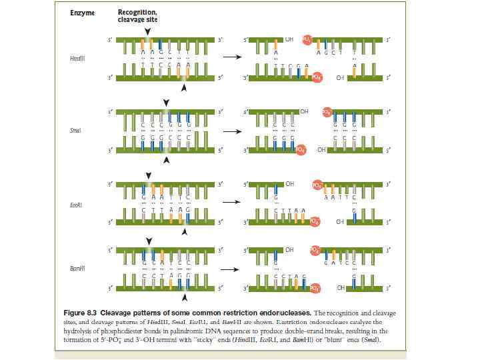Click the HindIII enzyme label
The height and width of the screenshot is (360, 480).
tap(77, 59)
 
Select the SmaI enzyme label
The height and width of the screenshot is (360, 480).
tap(75, 131)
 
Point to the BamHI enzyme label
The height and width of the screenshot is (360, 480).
tap(77, 267)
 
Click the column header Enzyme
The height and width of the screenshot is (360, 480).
tap(82, 13)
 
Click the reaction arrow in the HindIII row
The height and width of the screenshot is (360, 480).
tap(231, 57)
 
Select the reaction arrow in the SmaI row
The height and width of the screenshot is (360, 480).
tap(231, 131)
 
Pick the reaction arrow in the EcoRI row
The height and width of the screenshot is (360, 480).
tap(231, 202)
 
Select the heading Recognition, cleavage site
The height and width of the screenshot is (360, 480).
tap(137, 16)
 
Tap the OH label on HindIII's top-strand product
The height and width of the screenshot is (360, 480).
tap(289, 39)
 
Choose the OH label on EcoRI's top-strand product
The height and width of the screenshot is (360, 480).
tap(290, 183)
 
